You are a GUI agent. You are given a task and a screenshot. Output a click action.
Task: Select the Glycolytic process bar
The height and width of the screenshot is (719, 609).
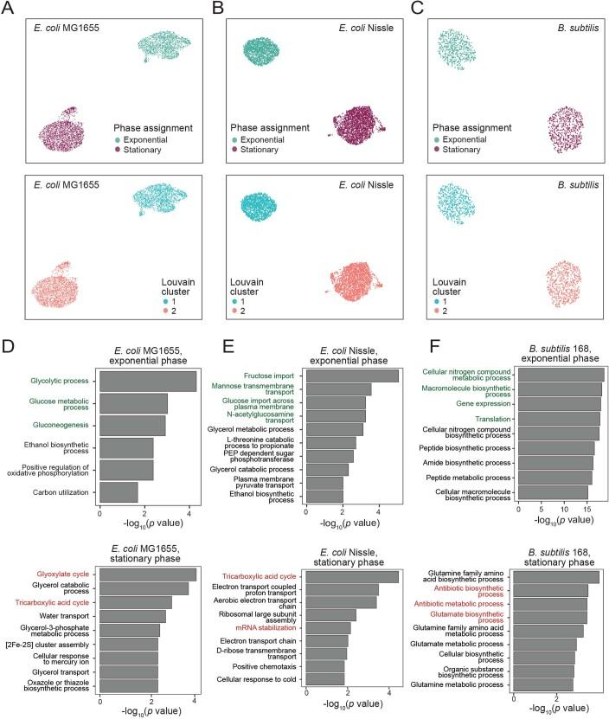pyautogui.click(x=148, y=382)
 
